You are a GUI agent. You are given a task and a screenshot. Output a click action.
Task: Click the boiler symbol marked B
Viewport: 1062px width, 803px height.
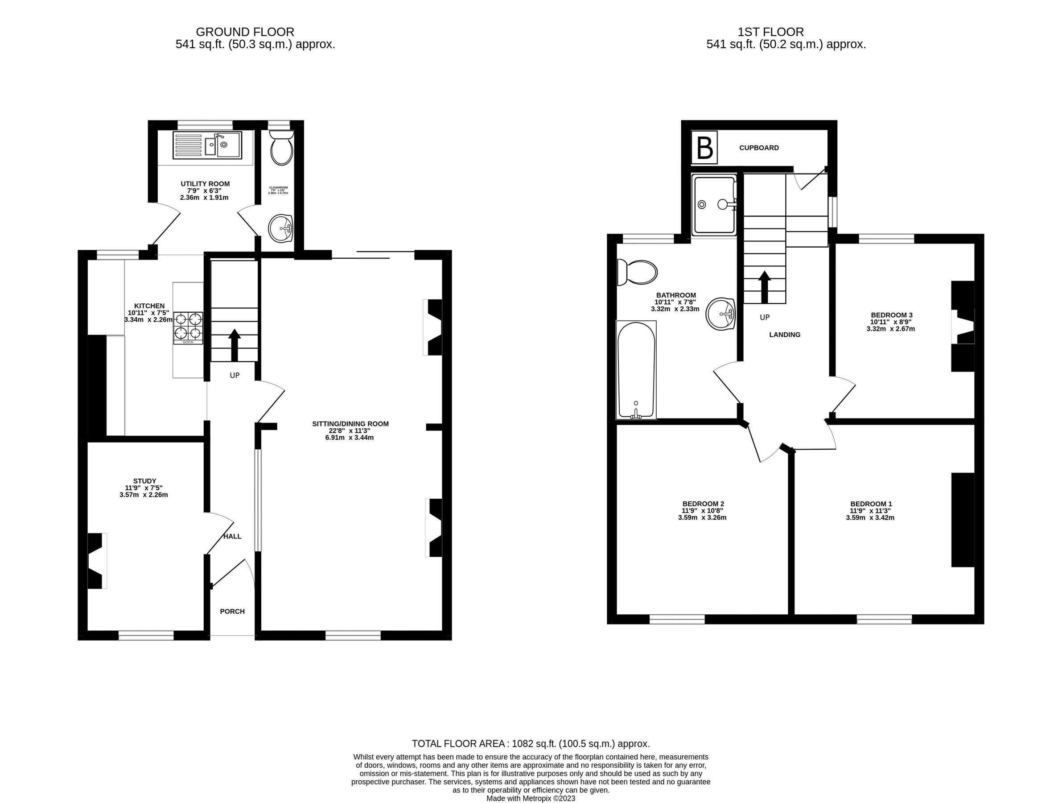(x=704, y=148)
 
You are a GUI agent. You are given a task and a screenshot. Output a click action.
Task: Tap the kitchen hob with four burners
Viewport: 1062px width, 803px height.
(x=188, y=327)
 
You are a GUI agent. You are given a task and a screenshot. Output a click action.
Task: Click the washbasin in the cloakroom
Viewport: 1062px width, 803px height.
(x=281, y=228)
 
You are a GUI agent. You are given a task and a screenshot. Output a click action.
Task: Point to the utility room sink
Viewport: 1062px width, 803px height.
(x=208, y=144)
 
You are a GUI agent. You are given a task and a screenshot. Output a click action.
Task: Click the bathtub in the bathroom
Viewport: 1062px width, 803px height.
(x=636, y=370)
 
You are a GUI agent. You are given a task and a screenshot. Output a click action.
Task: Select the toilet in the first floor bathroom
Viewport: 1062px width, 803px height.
(x=637, y=272)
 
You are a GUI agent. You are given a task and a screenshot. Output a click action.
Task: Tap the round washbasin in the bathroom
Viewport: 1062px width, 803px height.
(x=720, y=314)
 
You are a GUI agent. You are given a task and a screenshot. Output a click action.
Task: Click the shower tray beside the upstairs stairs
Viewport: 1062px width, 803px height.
(x=714, y=205)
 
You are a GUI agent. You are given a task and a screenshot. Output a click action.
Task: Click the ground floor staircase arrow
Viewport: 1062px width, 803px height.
(x=235, y=345)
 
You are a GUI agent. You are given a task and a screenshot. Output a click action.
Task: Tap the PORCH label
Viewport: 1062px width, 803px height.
(x=232, y=611)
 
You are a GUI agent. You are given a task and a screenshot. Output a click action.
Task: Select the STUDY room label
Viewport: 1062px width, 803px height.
(x=144, y=481)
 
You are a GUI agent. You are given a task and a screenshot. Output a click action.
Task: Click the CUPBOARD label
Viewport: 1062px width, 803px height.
(x=758, y=148)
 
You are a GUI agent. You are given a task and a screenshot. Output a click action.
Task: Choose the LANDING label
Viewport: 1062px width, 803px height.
(x=785, y=335)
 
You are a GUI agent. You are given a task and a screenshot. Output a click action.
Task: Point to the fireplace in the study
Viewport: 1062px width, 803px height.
(x=96, y=560)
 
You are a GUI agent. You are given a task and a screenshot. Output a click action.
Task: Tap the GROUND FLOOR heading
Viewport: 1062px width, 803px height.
(x=245, y=32)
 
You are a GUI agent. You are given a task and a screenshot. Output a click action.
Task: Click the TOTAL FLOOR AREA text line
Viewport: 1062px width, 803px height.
(x=531, y=744)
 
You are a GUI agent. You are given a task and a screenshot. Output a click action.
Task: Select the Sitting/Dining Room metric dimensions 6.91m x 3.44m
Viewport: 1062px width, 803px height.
(x=350, y=438)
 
